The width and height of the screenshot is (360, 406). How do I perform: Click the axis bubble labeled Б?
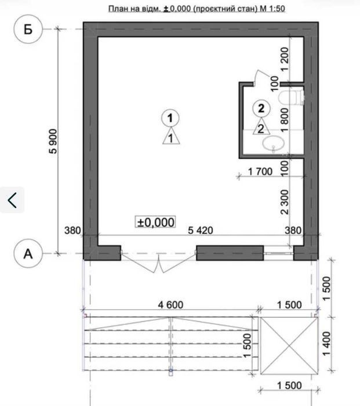click(28, 29)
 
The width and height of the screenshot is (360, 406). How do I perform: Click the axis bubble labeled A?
click(28, 253)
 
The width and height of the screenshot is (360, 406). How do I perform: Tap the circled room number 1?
click(170, 118)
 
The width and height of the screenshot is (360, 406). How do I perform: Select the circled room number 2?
click(261, 108)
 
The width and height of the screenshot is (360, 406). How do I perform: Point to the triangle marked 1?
click(171, 136)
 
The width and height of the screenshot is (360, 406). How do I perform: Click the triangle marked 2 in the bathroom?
click(261, 127)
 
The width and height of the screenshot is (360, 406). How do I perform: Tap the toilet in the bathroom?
click(290, 97)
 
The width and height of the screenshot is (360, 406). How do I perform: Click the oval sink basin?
click(273, 143)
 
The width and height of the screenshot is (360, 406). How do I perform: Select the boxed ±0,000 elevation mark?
click(155, 222)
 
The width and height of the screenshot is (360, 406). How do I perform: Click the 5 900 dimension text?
click(53, 141)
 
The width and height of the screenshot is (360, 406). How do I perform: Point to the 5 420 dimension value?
click(201, 230)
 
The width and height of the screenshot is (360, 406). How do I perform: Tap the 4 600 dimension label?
click(170, 304)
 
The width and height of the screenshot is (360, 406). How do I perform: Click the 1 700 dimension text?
click(260, 172)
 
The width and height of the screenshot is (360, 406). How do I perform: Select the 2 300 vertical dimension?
click(285, 202)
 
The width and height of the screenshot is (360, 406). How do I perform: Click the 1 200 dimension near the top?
click(285, 59)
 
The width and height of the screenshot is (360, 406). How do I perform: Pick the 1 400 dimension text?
click(327, 343)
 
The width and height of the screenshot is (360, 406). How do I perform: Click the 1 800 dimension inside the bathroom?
click(285, 120)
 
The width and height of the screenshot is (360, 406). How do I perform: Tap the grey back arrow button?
click(12, 200)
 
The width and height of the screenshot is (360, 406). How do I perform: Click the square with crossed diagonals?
click(289, 346)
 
